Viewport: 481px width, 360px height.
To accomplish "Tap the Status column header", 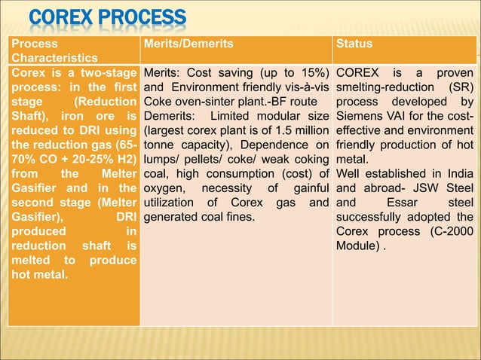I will click(354, 44).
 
